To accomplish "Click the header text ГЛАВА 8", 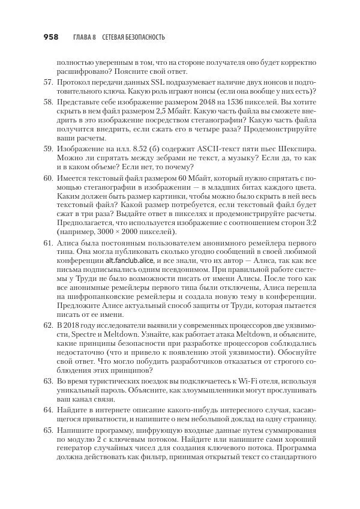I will click(x=84, y=37).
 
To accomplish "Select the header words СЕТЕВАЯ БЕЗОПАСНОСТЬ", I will click(x=134, y=37).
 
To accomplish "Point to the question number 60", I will click(x=48, y=179).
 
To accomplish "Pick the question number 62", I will click(x=48, y=325).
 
